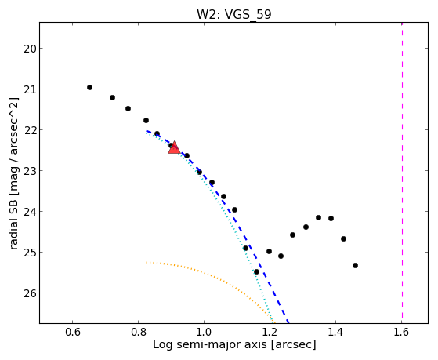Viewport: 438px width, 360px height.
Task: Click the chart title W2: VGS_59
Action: pyautogui.click(x=234, y=14)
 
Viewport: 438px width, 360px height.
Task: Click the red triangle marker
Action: pyautogui.click(x=174, y=147)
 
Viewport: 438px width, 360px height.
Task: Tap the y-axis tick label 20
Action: pyautogui.click(x=29, y=49)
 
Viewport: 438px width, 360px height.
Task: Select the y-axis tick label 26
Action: pyautogui.click(x=29, y=293)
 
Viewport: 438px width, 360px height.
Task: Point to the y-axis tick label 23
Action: pyautogui.click(x=29, y=171)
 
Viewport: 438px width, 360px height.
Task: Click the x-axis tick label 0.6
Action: pyautogui.click(x=72, y=332)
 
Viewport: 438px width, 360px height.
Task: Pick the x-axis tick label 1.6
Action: pyautogui.click(x=401, y=332)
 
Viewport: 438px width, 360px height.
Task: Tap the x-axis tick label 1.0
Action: pyautogui.click(x=204, y=332)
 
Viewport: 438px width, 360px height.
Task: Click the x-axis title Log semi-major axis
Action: pyautogui.click(x=210, y=344)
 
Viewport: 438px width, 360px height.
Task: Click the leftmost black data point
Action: pyautogui.click(x=89, y=88)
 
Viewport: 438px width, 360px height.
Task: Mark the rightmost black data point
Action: pyautogui.click(x=355, y=265)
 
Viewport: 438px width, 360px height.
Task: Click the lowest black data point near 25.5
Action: pyautogui.click(x=256, y=272)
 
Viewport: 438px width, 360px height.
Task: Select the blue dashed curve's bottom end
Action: pyautogui.click(x=288, y=323)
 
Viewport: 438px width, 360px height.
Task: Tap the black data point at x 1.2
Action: pyautogui.click(x=269, y=252)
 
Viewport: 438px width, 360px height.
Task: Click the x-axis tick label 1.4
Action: pyautogui.click(x=335, y=332)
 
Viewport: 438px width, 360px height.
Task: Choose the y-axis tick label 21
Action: pyautogui.click(x=29, y=89)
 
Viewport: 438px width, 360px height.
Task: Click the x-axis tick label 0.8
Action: pyautogui.click(x=138, y=332)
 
